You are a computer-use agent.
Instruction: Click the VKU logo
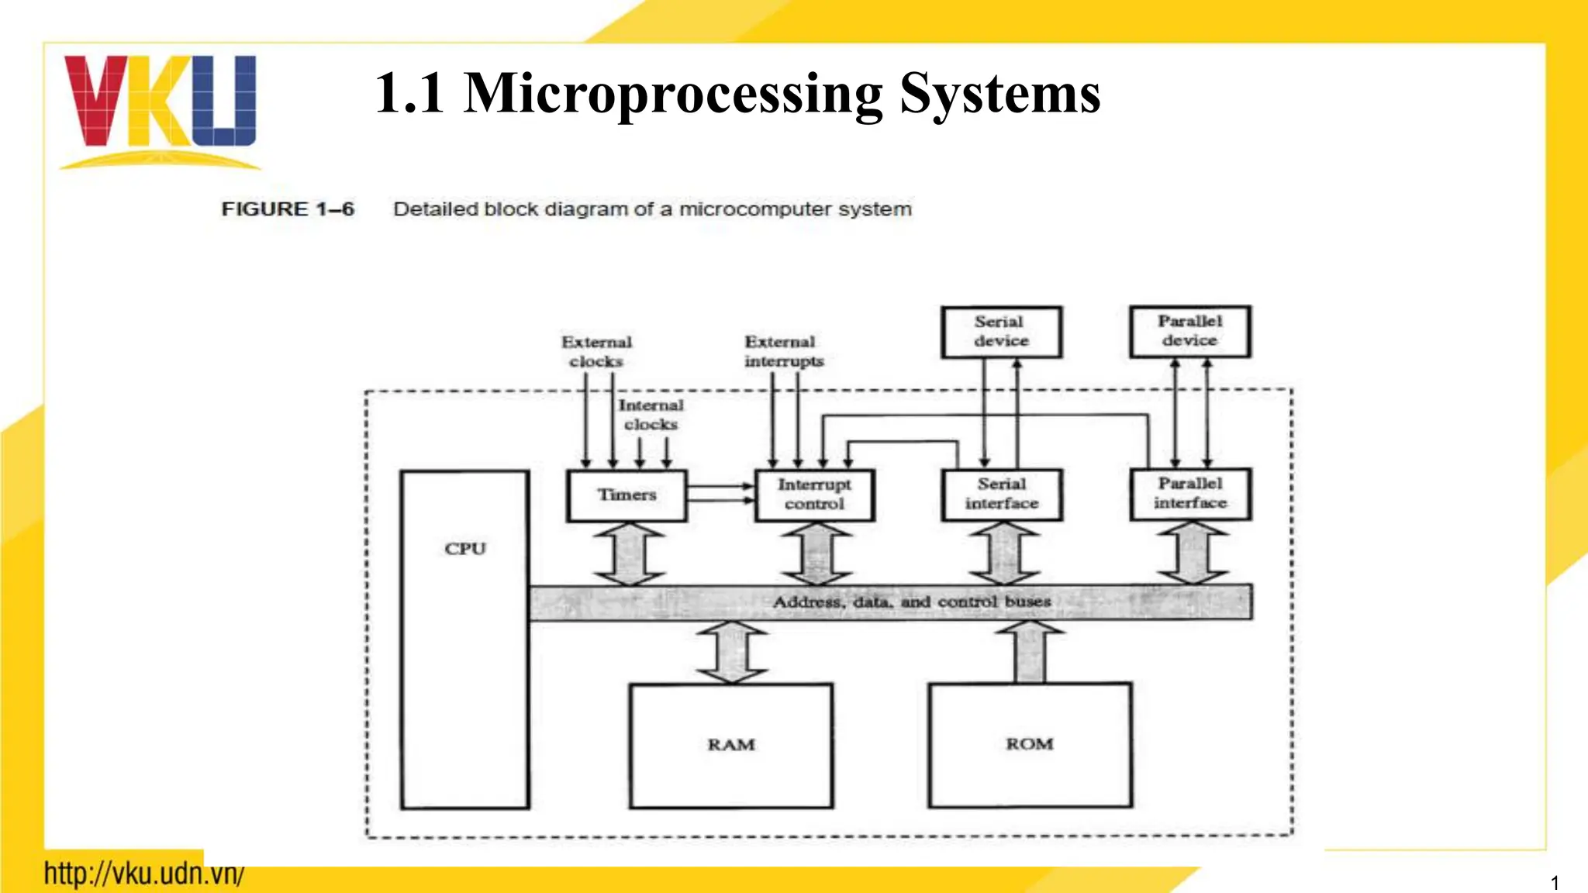coord(160,109)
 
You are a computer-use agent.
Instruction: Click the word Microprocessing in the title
coord(672,95)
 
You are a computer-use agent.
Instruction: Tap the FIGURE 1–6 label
coord(288,209)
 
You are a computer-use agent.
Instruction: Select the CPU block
coord(464,640)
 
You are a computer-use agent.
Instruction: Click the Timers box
coord(627,495)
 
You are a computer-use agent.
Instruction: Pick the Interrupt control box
coord(814,495)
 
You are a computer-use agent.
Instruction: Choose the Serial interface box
coord(1002,495)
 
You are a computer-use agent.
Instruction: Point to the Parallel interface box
coord(1190,494)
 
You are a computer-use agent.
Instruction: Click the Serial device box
coord(1001,332)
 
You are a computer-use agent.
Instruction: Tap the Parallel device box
coord(1189,331)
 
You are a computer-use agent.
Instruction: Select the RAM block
coord(731,745)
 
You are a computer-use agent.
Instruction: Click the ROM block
coord(1030,744)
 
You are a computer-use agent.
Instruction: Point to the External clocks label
coord(596,352)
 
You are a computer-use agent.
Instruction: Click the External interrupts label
coord(783,352)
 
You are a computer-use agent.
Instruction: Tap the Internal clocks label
coord(651,415)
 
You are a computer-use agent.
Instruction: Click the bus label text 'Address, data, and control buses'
coord(912,602)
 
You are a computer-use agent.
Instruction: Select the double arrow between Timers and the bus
coord(630,553)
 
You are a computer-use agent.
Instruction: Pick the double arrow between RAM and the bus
coord(732,652)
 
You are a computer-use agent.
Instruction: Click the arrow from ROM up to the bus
coord(1030,652)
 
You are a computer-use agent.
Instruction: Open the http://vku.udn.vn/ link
coord(144,874)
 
